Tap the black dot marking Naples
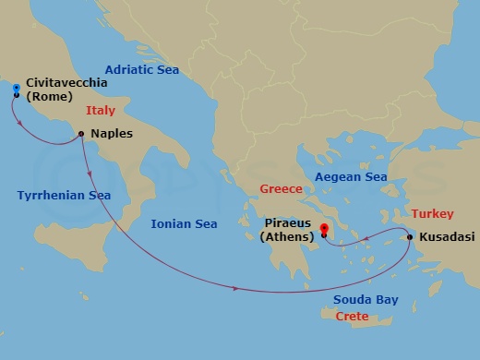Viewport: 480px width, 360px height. click(82, 134)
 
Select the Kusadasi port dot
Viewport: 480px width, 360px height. click(410, 238)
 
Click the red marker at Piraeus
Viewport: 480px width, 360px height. click(324, 229)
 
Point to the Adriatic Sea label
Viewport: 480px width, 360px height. click(141, 69)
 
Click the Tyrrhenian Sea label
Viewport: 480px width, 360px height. click(56, 195)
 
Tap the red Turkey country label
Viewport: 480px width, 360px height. click(433, 212)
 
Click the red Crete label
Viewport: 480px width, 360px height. click(352, 317)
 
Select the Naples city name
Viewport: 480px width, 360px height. click(112, 134)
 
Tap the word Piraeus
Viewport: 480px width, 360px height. click(290, 222)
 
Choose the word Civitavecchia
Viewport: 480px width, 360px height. click(66, 83)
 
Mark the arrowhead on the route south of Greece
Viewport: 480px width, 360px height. click(237, 290)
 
